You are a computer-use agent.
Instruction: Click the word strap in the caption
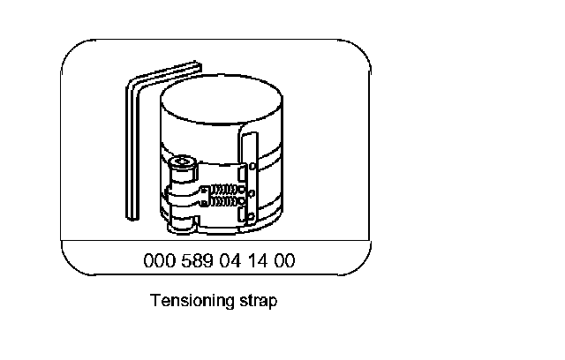(257, 301)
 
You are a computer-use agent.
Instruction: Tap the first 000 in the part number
(155, 261)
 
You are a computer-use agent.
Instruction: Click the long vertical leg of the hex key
(129, 150)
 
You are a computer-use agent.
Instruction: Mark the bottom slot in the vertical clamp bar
(249, 216)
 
